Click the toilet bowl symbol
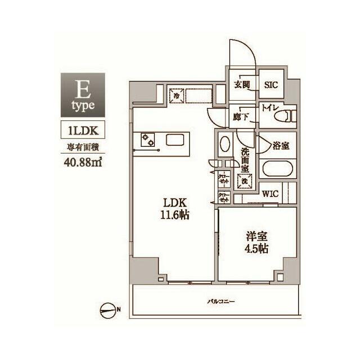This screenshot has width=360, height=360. [285, 117]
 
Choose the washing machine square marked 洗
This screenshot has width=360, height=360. [245, 182]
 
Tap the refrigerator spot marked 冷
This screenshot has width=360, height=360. [176, 96]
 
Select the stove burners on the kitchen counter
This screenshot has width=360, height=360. [148, 139]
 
